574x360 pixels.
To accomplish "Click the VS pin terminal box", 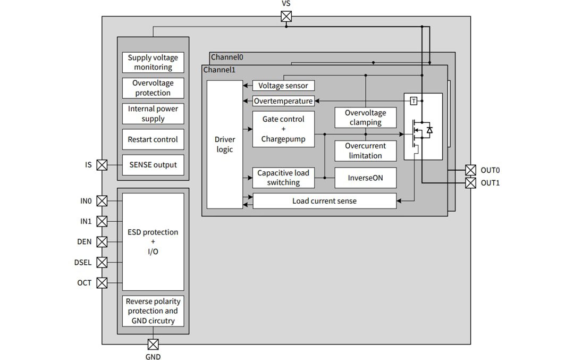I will coord(286,16).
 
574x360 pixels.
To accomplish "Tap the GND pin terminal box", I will coord(153,344).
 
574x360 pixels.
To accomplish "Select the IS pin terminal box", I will coord(102,165).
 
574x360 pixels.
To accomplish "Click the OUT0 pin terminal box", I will coord(470,170).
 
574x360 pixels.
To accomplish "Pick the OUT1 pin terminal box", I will coord(470,183).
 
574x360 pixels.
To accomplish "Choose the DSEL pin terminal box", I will coord(102,262).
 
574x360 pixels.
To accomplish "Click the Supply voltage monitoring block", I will coord(153,63).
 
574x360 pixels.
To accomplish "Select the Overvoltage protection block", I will coord(153,88).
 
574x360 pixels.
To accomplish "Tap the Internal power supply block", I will coord(153,114).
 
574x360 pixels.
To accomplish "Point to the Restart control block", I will coord(153,139).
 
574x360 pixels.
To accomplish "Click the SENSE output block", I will coord(153,165).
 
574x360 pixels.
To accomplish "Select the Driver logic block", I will coord(224,145).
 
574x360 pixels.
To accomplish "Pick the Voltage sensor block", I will coord(283,86).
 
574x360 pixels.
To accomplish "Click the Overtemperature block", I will coord(283,101).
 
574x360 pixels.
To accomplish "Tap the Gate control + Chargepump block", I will coord(283,129).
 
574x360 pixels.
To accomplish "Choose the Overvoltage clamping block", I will coord(366,118).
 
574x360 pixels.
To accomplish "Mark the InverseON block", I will coord(366,178).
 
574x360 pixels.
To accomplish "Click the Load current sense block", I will coord(324,201).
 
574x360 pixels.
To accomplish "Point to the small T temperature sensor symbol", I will coord(413,101).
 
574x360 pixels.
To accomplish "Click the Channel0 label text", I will coord(227,57).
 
